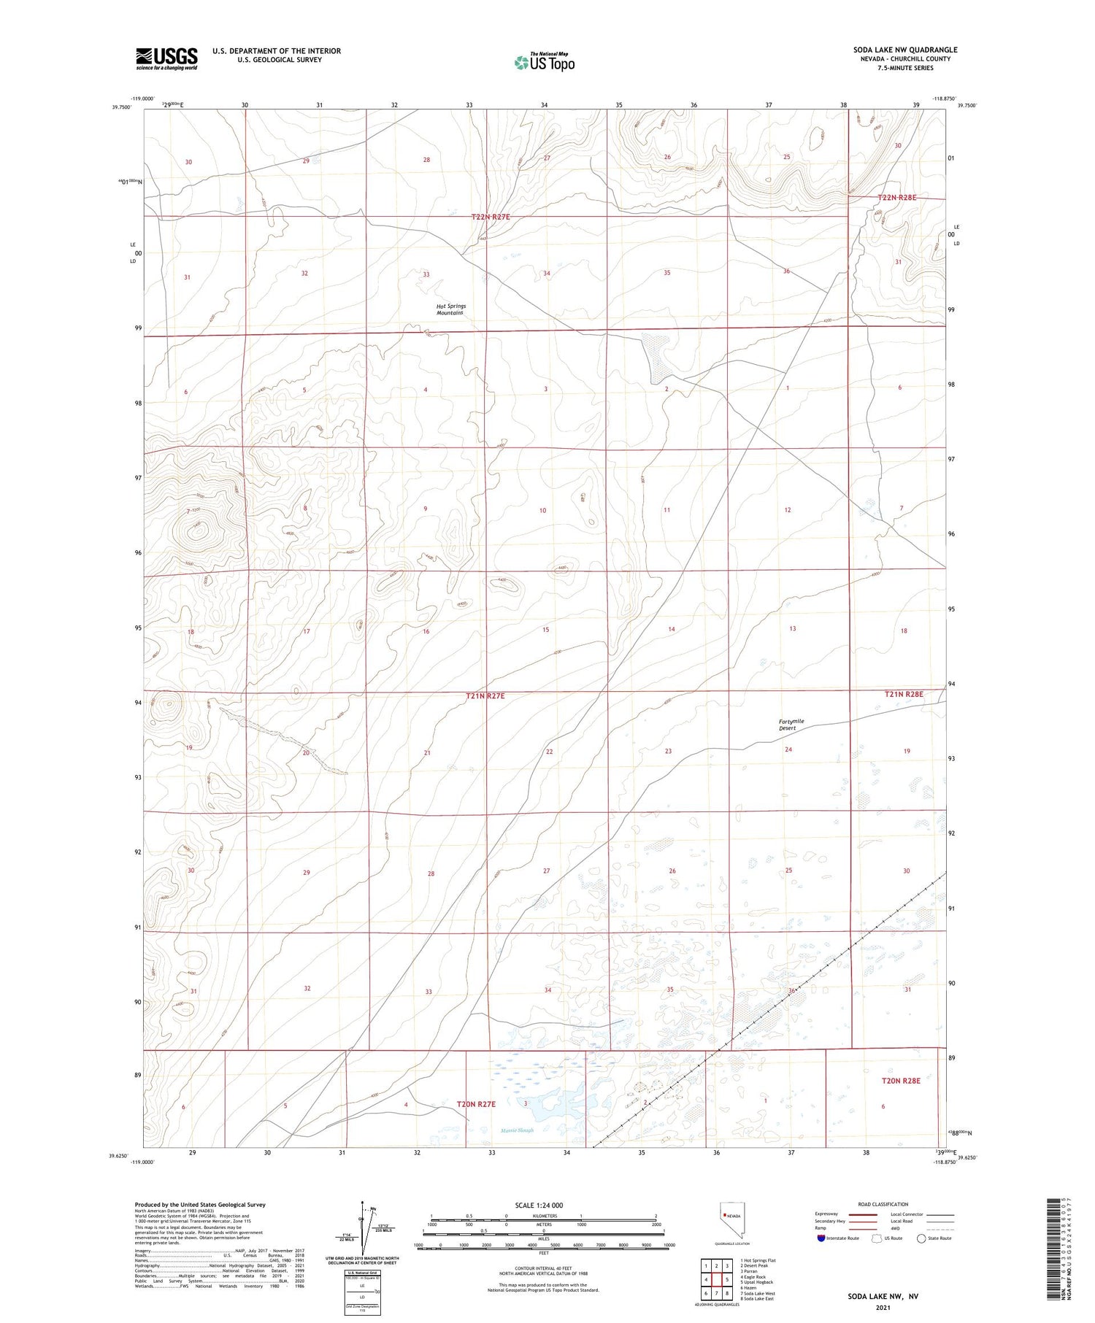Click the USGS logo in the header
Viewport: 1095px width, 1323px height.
tap(166, 58)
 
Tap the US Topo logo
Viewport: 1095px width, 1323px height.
tap(545, 62)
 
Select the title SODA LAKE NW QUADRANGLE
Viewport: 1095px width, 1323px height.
tap(905, 50)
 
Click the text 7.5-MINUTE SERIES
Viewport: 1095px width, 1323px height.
tap(905, 68)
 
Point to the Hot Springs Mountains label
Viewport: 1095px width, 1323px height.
tap(450, 309)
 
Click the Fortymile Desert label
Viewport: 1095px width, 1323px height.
tap(791, 725)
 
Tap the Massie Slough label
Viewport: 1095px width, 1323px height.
tap(518, 1130)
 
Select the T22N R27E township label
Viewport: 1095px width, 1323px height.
tap(491, 217)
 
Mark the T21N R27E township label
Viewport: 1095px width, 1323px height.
tap(485, 696)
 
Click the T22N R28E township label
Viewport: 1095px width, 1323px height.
tap(896, 198)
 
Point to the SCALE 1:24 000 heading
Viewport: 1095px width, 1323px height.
tap(539, 1205)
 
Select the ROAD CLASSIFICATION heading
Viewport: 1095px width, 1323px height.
tap(883, 1204)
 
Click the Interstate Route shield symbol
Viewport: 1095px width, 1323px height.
tap(821, 1238)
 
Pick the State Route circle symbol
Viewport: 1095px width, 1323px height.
tap(921, 1238)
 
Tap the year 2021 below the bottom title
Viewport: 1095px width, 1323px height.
tap(883, 1308)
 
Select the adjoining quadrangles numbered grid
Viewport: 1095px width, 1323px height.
tap(717, 1279)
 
